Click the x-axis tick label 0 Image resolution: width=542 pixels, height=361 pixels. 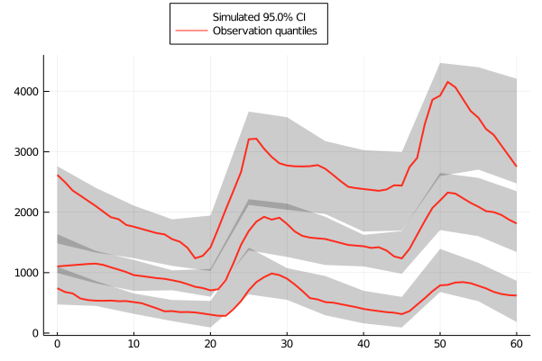[57, 346]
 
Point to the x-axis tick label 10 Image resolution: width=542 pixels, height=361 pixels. [133, 346]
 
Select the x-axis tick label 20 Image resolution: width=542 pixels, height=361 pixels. [210, 346]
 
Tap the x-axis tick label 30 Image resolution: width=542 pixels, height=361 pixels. [287, 346]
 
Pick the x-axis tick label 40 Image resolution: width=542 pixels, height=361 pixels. [363, 346]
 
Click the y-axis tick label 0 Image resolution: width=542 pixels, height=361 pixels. [33, 333]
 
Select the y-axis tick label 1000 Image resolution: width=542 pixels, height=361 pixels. [24, 273]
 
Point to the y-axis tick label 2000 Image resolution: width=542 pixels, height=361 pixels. [24, 212]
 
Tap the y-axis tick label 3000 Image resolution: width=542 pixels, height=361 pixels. [24, 152]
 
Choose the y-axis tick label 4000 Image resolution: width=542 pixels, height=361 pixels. [24, 92]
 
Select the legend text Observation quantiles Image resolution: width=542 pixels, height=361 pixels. [263, 32]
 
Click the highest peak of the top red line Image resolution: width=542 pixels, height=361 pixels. [447, 82]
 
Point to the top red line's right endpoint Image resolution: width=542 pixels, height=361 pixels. [516, 166]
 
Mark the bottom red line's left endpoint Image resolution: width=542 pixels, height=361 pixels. [57, 288]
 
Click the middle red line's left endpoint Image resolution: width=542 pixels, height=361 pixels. [57, 266]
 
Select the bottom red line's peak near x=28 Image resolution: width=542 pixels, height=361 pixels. [271, 274]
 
